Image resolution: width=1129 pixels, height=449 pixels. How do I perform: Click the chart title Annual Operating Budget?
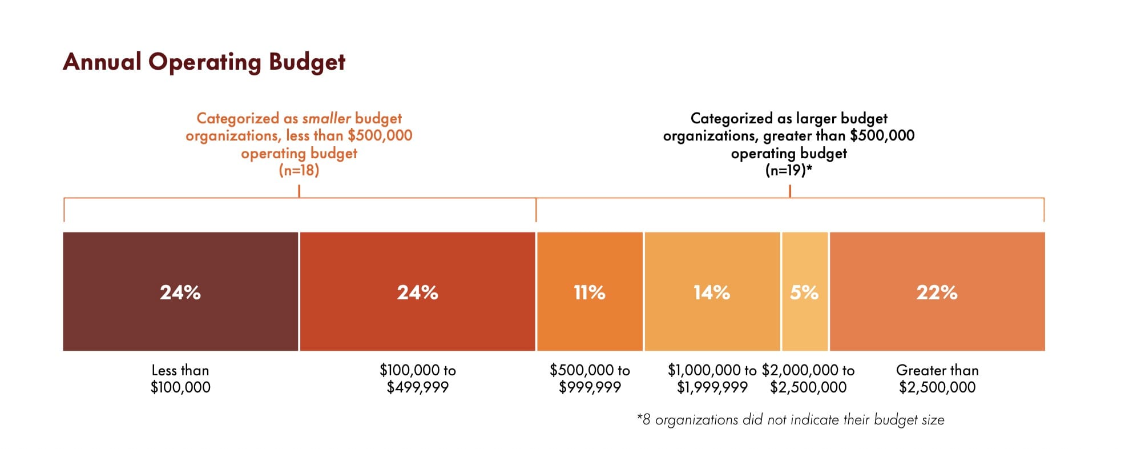tap(204, 62)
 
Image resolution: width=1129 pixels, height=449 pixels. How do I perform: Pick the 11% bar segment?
tap(590, 320)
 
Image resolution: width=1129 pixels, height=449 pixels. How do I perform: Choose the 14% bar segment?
tap(712, 320)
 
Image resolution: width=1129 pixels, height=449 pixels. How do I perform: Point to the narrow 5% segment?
tap(804, 320)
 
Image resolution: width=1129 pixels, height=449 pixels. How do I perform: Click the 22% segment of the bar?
tap(937, 320)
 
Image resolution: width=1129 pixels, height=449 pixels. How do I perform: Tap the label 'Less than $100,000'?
tap(180, 379)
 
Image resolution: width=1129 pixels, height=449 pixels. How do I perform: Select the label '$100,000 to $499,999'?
tap(417, 379)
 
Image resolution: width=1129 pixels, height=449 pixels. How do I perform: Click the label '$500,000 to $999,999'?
tap(590, 379)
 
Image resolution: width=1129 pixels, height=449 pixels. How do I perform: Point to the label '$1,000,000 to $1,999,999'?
tap(712, 379)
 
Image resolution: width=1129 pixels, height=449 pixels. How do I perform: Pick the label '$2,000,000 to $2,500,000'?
tap(808, 379)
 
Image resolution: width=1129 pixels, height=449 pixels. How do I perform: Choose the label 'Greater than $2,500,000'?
tap(937, 379)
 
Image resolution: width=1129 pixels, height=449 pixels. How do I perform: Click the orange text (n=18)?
tap(299, 170)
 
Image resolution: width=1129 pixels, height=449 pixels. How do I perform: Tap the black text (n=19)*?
tap(788, 170)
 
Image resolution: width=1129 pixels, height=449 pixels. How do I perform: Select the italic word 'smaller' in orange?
tap(326, 118)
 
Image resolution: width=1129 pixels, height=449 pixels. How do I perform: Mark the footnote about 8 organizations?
tap(791, 420)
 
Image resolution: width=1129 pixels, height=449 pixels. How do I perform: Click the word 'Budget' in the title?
tap(307, 62)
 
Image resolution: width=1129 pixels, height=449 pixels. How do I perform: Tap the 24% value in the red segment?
tap(417, 292)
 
